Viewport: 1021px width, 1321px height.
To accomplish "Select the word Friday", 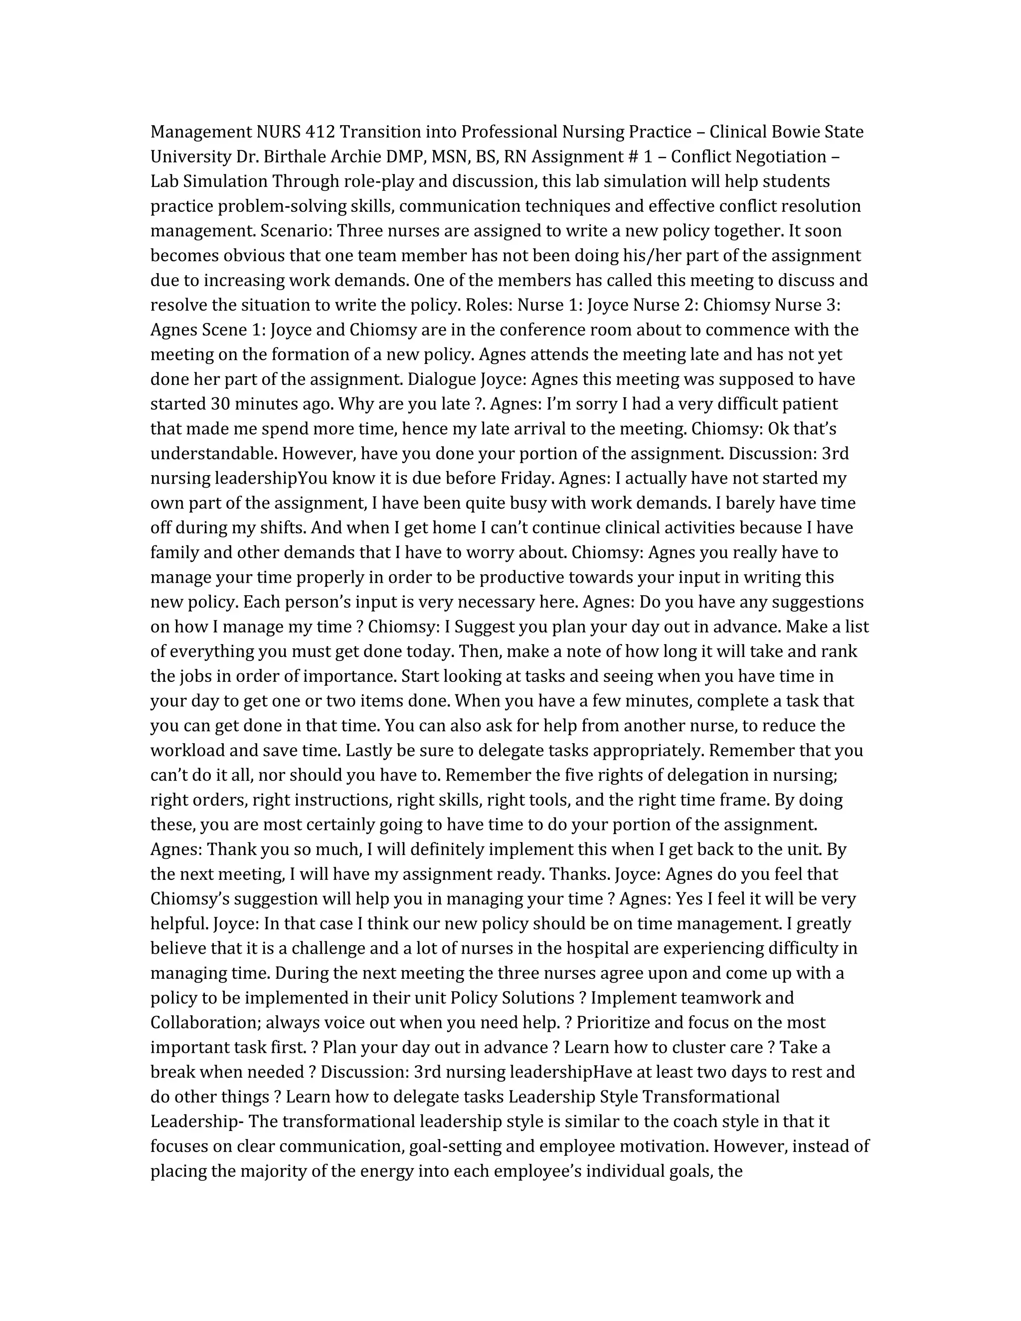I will click(x=526, y=479).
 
